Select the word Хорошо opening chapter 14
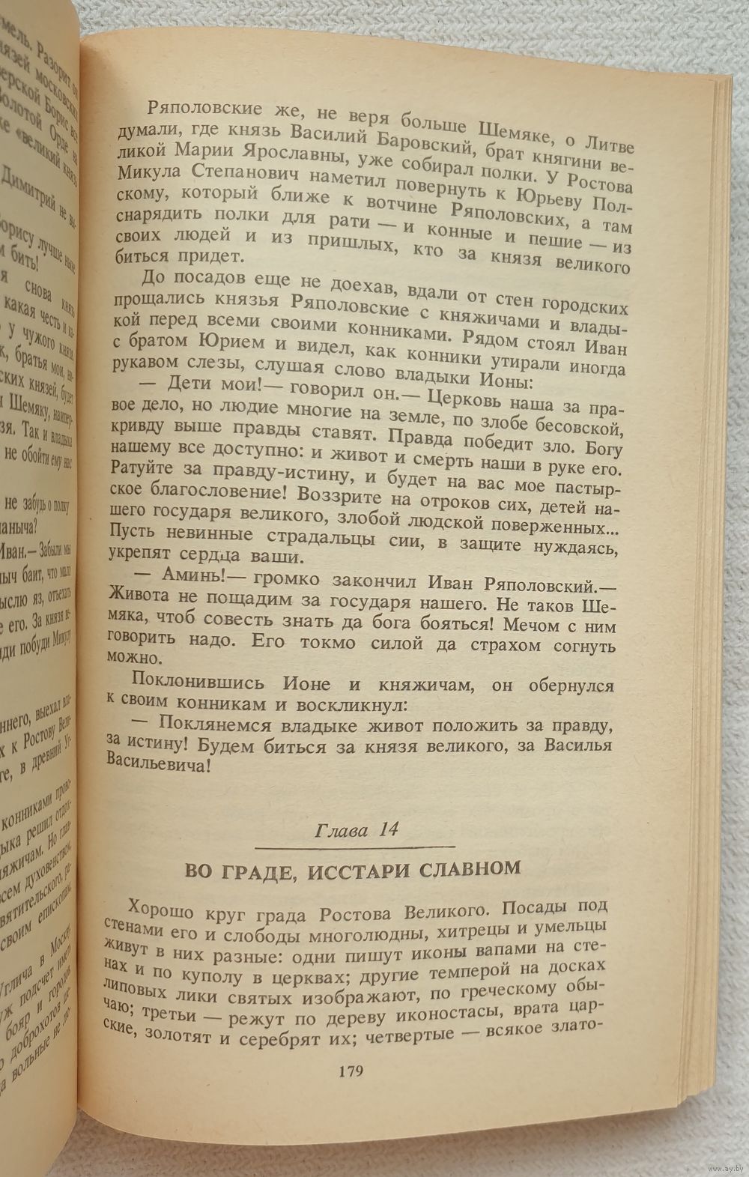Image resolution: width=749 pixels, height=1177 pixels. [158, 910]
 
